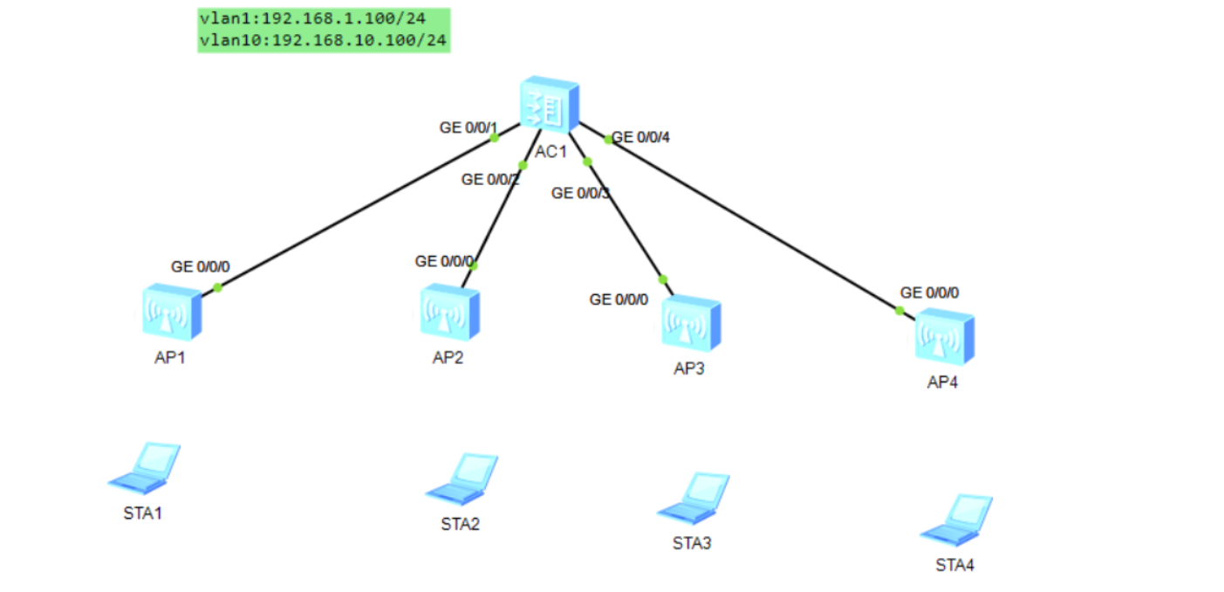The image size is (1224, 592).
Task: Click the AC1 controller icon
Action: click(x=549, y=107)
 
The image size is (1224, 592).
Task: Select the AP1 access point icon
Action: click(x=171, y=311)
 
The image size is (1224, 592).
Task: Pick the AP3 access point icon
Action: click(x=690, y=324)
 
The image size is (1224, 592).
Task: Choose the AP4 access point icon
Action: click(x=944, y=336)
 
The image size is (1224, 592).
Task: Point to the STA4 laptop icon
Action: click(x=956, y=519)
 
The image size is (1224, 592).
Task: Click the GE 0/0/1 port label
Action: click(x=468, y=128)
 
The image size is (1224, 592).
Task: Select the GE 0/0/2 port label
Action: click(x=490, y=180)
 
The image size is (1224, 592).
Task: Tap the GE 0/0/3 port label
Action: click(x=580, y=193)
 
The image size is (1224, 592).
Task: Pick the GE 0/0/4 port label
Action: click(x=641, y=137)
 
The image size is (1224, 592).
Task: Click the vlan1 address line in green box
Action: click(x=312, y=17)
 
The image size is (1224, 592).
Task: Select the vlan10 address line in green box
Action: click(x=324, y=39)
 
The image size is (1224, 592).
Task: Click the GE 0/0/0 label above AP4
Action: click(x=929, y=293)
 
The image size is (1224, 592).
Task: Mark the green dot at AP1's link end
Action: click(x=217, y=287)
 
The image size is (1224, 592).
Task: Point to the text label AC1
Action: click(x=551, y=152)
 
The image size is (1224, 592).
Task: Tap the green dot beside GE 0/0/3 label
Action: click(x=587, y=162)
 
